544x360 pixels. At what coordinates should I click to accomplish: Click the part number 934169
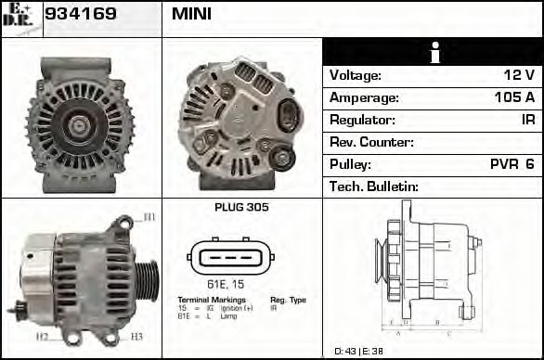point(82,14)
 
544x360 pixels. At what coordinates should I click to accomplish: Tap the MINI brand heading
point(191,14)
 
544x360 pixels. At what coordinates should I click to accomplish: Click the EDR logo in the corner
point(18,16)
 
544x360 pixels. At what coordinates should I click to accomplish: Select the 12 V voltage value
point(519,75)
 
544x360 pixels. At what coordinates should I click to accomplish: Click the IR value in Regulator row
point(527,120)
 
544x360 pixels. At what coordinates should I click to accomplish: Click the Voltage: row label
point(356,75)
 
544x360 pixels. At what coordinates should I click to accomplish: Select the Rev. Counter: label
point(371,142)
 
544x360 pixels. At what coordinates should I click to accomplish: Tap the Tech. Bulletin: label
point(374,186)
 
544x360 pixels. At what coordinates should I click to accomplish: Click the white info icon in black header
point(433,52)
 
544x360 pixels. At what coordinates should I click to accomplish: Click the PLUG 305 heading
point(240,208)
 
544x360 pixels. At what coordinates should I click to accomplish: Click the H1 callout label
point(149,218)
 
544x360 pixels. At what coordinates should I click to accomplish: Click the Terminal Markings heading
point(212,300)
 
